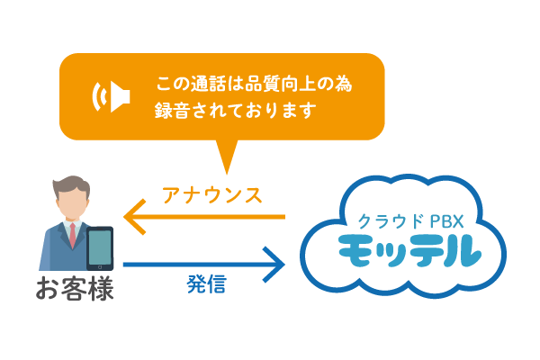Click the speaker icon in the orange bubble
(113, 95)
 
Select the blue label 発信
(206, 285)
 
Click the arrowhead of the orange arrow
(133, 217)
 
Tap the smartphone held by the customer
(100, 248)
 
